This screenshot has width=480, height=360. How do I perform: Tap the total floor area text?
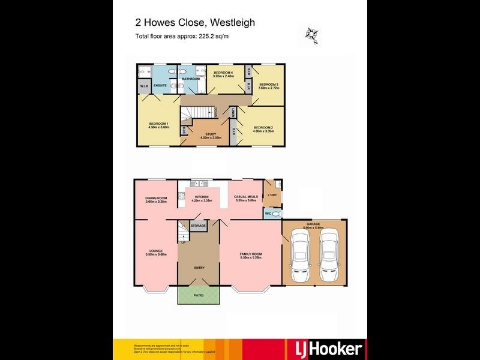click(x=182, y=36)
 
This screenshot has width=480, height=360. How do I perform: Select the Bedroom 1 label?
click(x=159, y=125)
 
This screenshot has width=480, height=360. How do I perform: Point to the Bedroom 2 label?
click(x=263, y=128)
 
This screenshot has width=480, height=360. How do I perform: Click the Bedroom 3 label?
click(x=269, y=86)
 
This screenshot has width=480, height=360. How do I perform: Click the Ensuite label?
click(x=160, y=86)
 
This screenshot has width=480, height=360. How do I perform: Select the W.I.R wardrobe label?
click(x=145, y=86)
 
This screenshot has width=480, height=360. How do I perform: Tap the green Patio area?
click(x=199, y=296)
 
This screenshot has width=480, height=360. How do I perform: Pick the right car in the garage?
click(x=328, y=258)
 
